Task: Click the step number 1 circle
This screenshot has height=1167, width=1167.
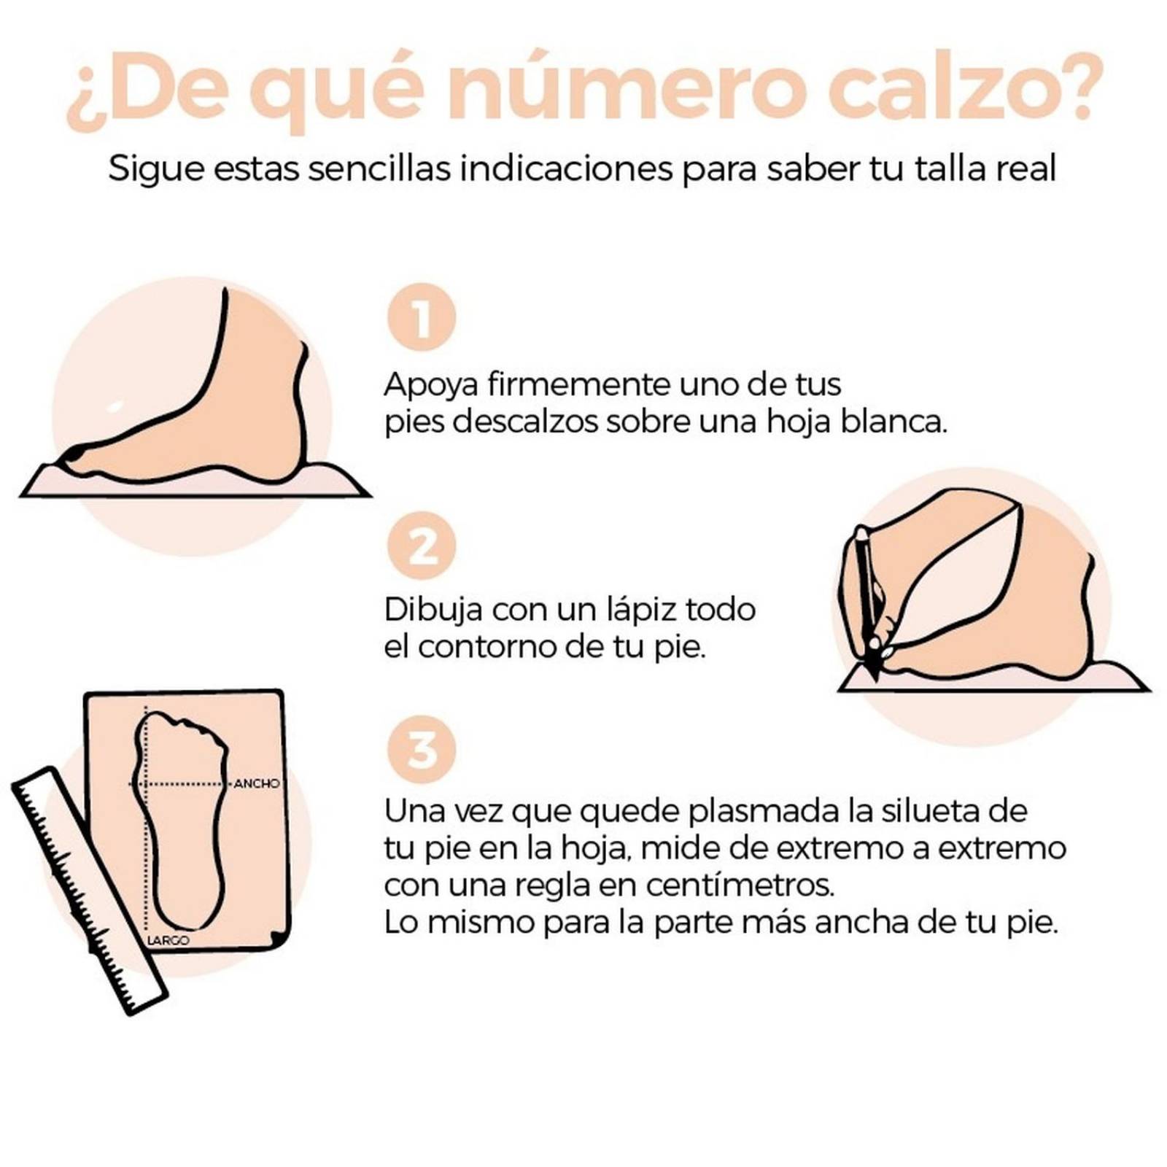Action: click(422, 317)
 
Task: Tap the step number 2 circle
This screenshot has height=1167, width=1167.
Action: click(422, 546)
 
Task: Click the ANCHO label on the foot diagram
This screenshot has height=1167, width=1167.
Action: click(257, 783)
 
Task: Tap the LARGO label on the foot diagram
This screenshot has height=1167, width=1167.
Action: click(168, 941)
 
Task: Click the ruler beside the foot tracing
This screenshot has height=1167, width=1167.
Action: click(88, 890)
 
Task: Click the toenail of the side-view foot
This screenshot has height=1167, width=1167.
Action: click(74, 455)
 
